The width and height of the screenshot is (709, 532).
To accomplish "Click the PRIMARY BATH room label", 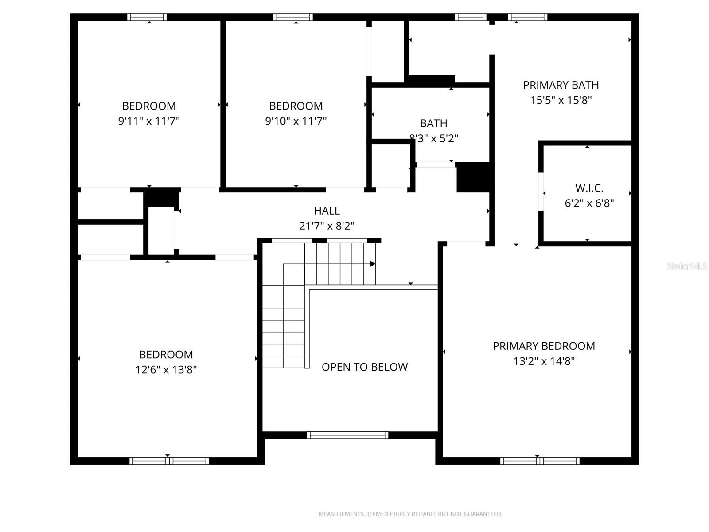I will click(561, 85).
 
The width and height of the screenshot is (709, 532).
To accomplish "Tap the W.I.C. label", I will click(589, 188).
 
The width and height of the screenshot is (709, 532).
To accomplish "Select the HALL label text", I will click(327, 211).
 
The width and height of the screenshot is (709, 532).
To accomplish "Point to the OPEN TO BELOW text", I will click(365, 367).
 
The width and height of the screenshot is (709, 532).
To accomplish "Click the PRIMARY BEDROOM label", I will click(544, 346).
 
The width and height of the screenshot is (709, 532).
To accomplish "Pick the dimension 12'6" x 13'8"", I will click(166, 370).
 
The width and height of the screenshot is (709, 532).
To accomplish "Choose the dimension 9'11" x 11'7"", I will click(149, 121).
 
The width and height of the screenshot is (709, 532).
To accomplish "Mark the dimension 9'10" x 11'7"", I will click(296, 121).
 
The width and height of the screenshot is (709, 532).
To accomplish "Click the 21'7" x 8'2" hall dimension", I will click(327, 226).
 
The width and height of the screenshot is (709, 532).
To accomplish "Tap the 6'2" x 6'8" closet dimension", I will click(589, 203).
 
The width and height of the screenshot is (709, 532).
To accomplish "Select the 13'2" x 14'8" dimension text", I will click(544, 361).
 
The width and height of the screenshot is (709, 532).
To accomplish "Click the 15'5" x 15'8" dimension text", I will click(561, 100).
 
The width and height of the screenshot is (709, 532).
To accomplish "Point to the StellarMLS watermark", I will click(686, 266).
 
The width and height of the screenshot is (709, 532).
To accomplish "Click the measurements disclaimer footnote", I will click(410, 514).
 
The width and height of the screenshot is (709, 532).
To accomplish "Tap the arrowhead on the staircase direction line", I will click(373, 264).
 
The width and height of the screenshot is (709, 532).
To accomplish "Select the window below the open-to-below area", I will click(347, 435).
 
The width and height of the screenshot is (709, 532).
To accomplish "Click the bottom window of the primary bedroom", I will click(540, 461).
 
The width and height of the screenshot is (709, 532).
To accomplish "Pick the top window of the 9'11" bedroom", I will click(147, 17).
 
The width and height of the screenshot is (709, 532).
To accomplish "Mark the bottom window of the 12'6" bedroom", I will click(169, 461).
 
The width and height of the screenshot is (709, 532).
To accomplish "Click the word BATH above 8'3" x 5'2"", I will click(433, 123).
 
